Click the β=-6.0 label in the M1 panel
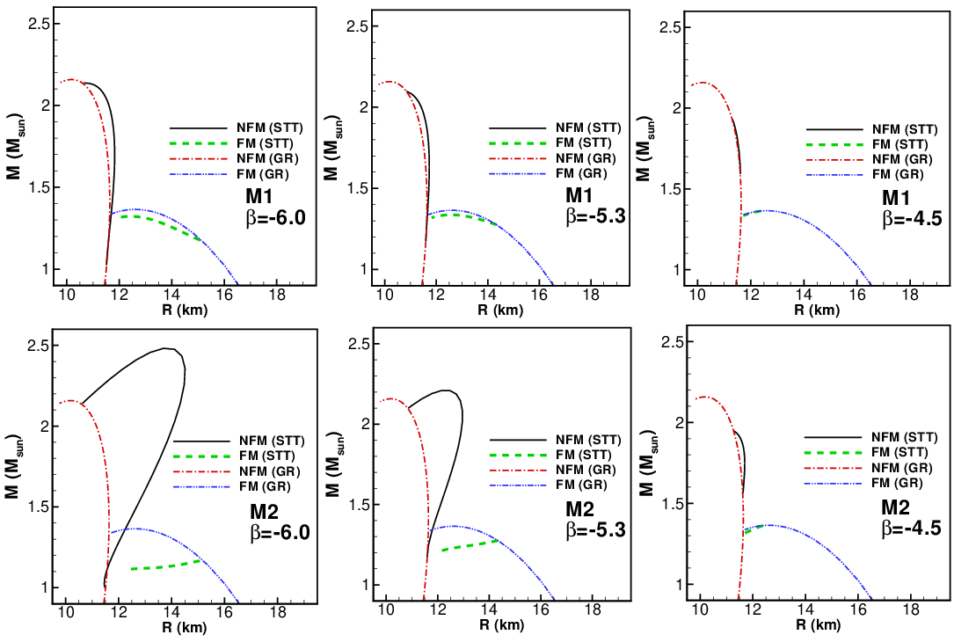point(275,217)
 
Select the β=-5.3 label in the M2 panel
point(595,530)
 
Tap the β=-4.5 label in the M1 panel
point(912,218)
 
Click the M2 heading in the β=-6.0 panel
point(265,511)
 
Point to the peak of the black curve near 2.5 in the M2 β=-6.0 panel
point(165,348)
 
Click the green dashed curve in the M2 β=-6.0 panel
point(165,566)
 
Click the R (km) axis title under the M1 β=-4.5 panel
point(817,310)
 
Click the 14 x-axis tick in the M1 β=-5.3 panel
point(487,295)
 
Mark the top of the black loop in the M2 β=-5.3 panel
point(447,390)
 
